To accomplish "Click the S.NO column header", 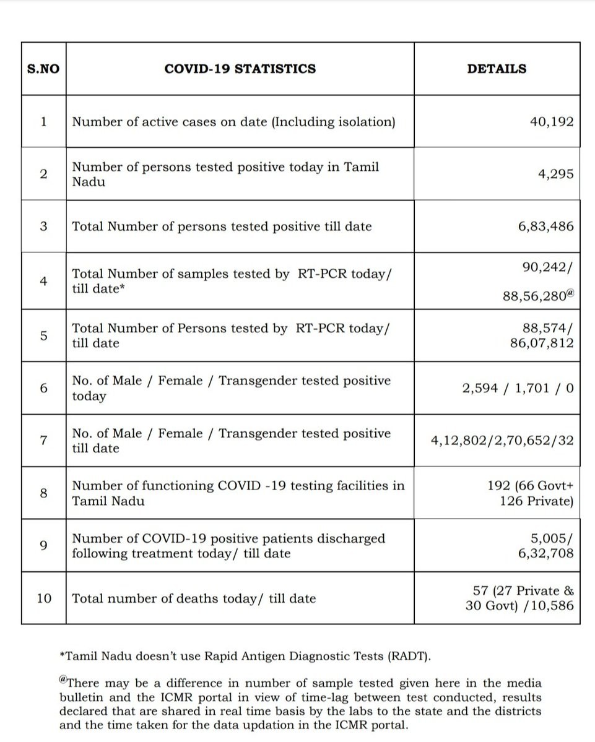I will [43, 69].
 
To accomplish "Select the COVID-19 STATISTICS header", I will [240, 69].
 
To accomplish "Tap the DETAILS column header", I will [497, 69].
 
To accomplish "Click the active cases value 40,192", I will [551, 121].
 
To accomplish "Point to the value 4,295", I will [556, 174].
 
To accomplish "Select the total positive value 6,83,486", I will [545, 226].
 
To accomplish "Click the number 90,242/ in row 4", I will [548, 267].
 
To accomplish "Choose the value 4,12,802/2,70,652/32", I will [502, 441].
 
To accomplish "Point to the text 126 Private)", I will [536, 501].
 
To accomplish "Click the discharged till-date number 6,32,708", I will [545, 553].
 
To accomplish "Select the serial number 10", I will [44, 598].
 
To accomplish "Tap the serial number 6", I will [43, 388].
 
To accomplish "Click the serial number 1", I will [43, 121].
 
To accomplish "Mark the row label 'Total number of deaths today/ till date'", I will [194, 598].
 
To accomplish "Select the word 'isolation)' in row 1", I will [364, 121].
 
